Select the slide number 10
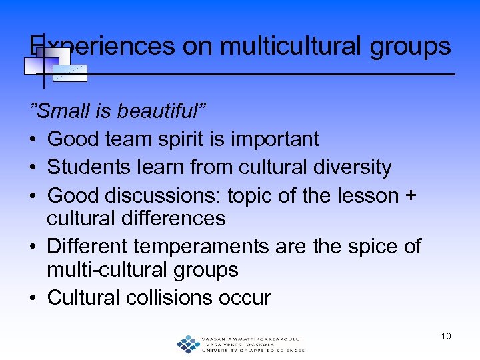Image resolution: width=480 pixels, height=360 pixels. pyautogui.click(x=445, y=336)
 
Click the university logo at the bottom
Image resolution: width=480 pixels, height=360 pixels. pyautogui.click(x=240, y=343)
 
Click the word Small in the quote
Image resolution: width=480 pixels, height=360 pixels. pyautogui.click(x=59, y=111)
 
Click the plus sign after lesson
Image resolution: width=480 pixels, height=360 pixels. pyautogui.click(x=411, y=195)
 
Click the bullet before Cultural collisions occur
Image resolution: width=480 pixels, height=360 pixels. pyautogui.click(x=33, y=298)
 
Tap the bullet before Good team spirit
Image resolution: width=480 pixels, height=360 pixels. pyautogui.click(x=33, y=139)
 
